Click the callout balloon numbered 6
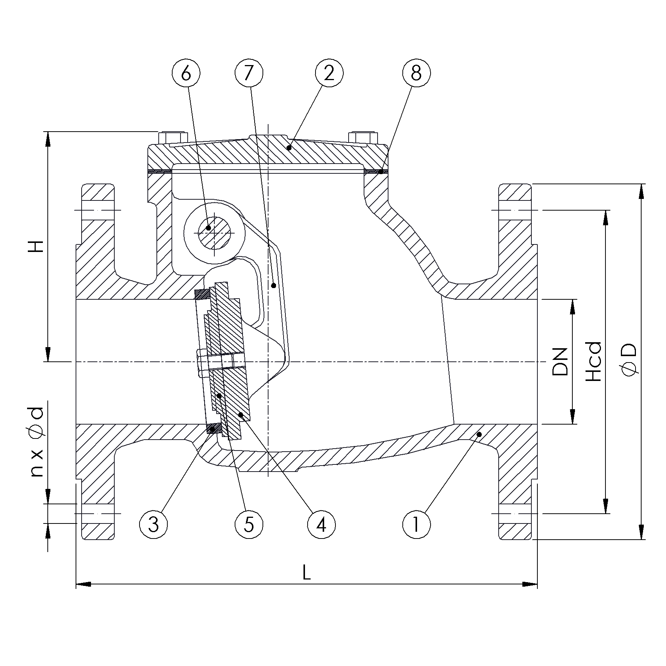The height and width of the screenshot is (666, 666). pos(186,73)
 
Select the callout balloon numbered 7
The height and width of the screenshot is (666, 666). pos(249,73)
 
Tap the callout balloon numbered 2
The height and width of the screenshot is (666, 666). pos(329,73)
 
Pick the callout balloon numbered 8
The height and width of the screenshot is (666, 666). pos(416,73)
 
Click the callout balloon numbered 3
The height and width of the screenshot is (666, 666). pos(153,525)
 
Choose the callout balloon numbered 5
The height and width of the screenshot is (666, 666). pos(249,525)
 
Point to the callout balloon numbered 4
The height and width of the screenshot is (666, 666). pos(321,525)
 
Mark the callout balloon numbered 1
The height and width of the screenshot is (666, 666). pos(416,525)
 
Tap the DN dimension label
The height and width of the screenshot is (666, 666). pos(560,362)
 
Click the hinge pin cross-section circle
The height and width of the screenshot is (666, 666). pos(213,233)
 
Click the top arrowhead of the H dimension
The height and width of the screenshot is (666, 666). pos(48,139)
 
